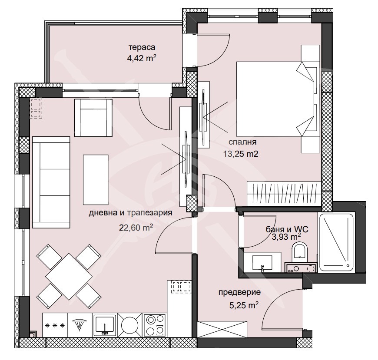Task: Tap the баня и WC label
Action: coord(283,229)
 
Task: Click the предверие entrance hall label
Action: coord(239,292)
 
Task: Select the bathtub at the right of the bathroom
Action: coord(337,241)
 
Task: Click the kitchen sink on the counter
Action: coord(104,324)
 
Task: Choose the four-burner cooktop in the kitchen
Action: coord(155,324)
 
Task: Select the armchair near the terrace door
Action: coord(93,117)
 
